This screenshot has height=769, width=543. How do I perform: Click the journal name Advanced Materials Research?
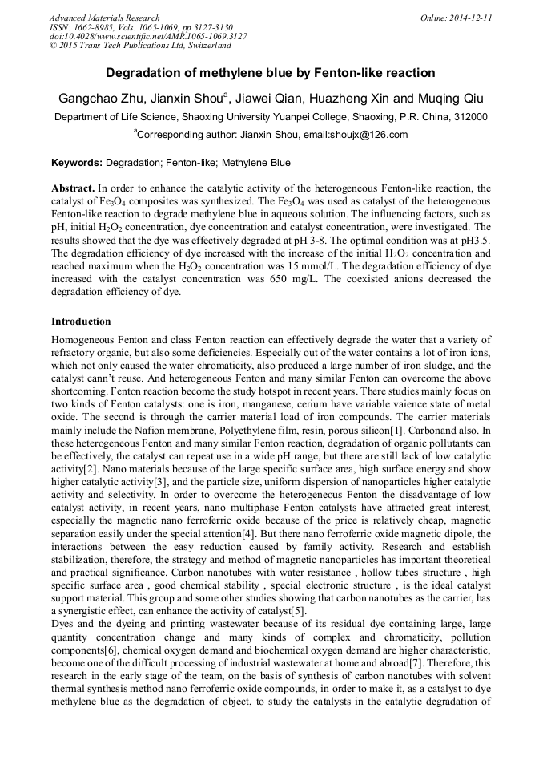(104, 18)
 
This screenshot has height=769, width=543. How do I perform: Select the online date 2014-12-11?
(472, 18)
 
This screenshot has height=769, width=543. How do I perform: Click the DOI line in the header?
(148, 37)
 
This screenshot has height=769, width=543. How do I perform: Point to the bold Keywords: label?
(77, 163)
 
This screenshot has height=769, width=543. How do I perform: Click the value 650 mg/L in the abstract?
(350, 279)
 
